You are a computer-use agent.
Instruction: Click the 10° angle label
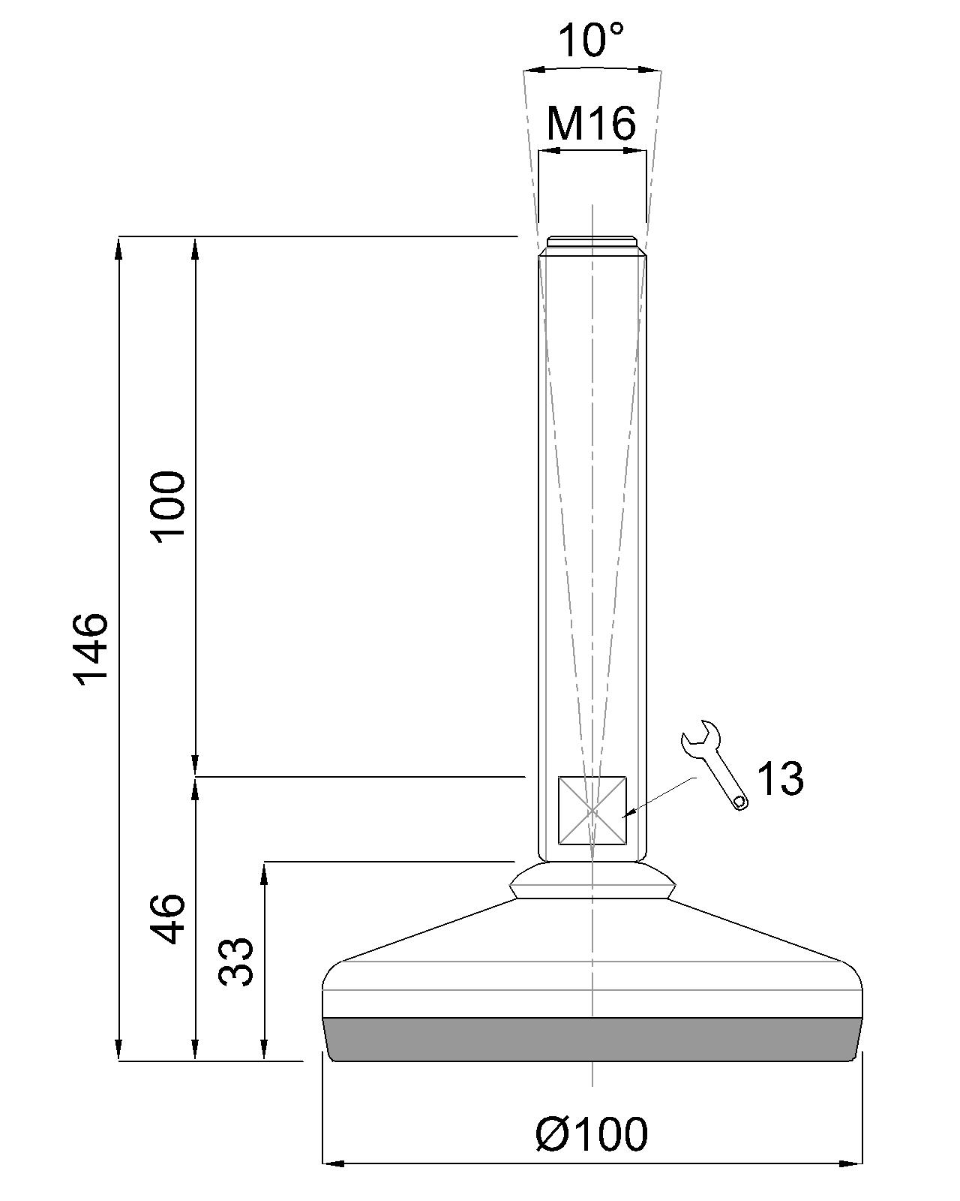592,41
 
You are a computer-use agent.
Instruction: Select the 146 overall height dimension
91,648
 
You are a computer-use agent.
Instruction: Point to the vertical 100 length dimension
167,505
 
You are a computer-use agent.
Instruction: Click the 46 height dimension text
167,919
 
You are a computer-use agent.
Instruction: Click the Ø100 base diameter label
592,1134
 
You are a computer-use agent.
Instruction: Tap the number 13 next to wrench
780,778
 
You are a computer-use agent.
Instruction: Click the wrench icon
713,765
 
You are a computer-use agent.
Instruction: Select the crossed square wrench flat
592,811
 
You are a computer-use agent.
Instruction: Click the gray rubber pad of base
592,1040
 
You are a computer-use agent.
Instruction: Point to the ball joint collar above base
592,880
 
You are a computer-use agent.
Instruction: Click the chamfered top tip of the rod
592,242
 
